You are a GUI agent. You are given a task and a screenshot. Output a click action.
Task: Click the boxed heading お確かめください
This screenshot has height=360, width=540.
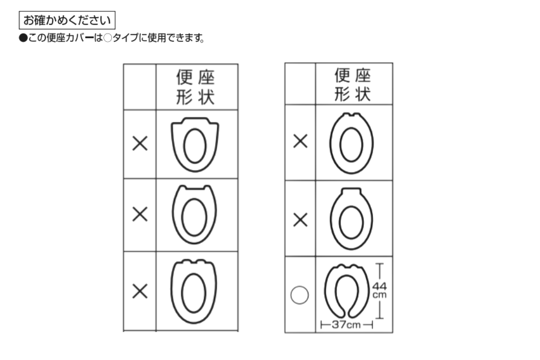pyautogui.click(x=67, y=20)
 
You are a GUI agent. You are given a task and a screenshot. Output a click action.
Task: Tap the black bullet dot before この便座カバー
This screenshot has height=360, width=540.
pyautogui.click(x=23, y=38)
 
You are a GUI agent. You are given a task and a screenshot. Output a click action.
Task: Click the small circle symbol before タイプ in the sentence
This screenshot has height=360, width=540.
pyautogui.click(x=108, y=38)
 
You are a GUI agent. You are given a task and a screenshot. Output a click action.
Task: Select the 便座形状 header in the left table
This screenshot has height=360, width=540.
pyautogui.click(x=195, y=87)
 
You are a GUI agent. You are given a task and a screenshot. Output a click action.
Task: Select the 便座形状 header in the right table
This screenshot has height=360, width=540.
pyautogui.click(x=352, y=84)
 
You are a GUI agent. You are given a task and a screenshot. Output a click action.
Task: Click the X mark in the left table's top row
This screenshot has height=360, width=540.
pyautogui.click(x=140, y=144)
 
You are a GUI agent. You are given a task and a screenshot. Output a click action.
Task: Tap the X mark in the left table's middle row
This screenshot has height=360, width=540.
pyautogui.click(x=140, y=214)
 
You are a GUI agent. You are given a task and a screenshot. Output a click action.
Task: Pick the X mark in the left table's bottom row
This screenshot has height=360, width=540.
pyautogui.click(x=140, y=291)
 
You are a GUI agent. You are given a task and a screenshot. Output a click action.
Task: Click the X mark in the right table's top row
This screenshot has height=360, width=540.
pyautogui.click(x=301, y=141)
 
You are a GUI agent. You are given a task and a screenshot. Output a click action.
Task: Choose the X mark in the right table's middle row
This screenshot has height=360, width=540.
pyautogui.click(x=301, y=220)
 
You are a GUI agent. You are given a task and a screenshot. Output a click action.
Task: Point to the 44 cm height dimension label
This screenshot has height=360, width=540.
pyautogui.click(x=379, y=290)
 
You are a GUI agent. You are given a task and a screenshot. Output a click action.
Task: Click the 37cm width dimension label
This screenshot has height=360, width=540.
pyautogui.click(x=346, y=325)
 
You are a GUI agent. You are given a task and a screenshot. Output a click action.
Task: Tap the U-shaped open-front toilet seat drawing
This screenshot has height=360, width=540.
pyautogui.click(x=328, y=292)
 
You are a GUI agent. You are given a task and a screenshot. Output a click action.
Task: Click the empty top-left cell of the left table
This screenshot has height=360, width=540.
pyautogui.click(x=140, y=87)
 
